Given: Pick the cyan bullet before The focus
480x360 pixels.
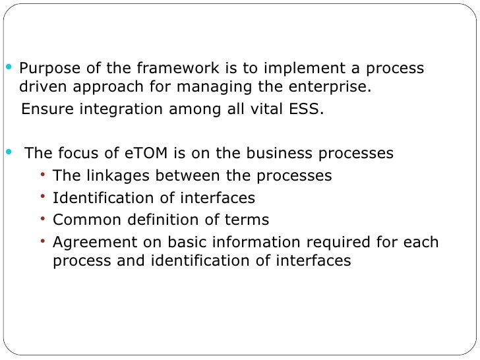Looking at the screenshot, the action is (x=9, y=152).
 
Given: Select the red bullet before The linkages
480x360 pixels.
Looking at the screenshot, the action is (x=43, y=175).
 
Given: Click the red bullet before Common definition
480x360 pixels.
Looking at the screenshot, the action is (x=43, y=219).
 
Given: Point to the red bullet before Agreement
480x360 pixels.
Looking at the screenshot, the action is (x=43, y=241).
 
